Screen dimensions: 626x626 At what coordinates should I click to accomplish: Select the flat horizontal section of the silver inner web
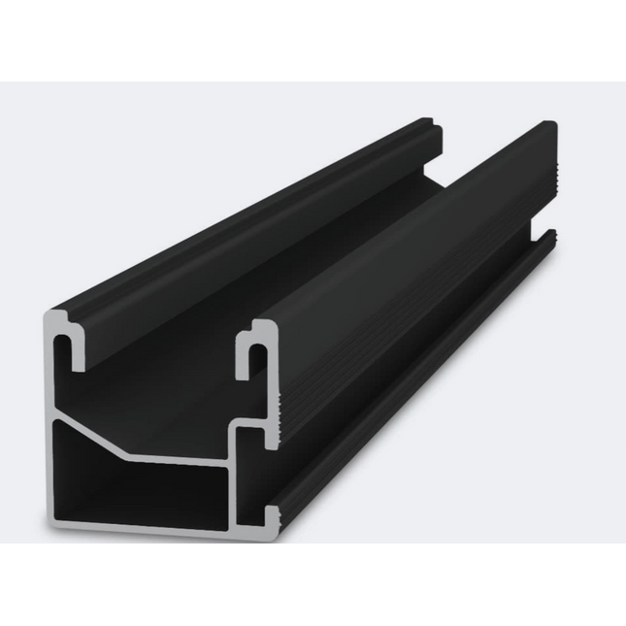184,457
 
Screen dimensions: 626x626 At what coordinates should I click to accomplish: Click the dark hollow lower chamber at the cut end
136,490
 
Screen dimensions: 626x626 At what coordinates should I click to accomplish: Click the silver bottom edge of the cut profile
155,529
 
